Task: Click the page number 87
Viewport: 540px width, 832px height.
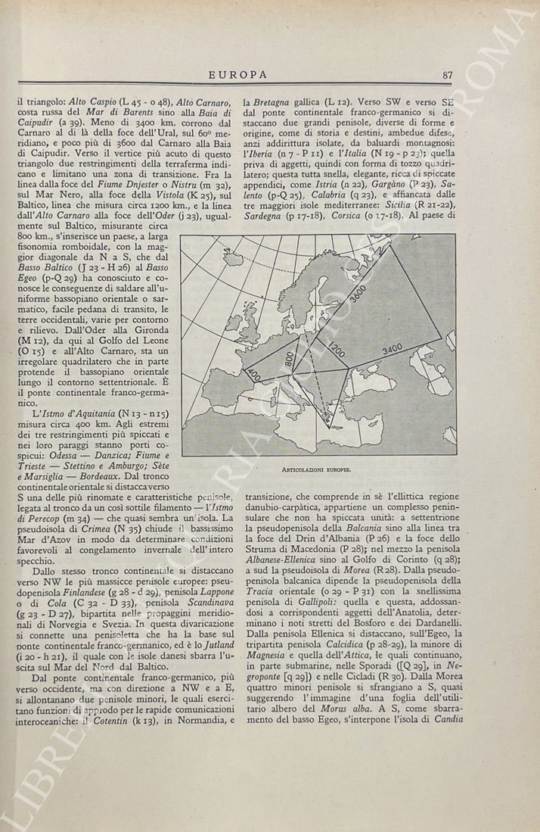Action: tap(447, 74)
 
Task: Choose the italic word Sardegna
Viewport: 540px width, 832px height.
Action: tap(265, 214)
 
